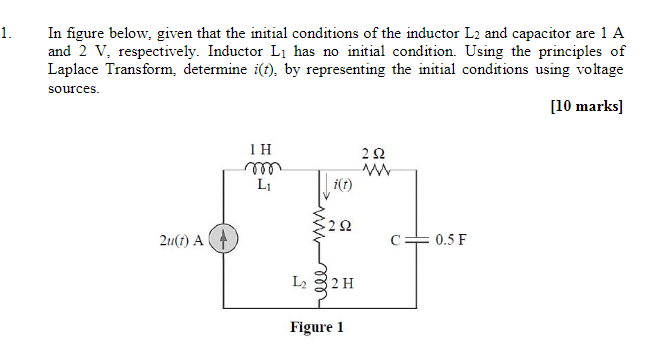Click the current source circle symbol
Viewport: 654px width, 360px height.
tap(226, 240)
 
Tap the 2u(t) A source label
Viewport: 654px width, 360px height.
tap(180, 240)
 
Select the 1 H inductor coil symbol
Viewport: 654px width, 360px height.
tap(264, 168)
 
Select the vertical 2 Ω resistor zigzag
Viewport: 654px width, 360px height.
tap(321, 225)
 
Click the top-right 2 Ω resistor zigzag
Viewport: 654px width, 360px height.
tap(376, 168)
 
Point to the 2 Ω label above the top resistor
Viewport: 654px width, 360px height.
tap(376, 152)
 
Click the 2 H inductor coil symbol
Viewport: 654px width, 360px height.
tap(321, 284)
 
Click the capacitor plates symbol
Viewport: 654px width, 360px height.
tap(417, 240)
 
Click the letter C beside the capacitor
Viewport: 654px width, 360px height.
tap(397, 240)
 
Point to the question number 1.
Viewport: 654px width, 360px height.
tap(7, 33)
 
